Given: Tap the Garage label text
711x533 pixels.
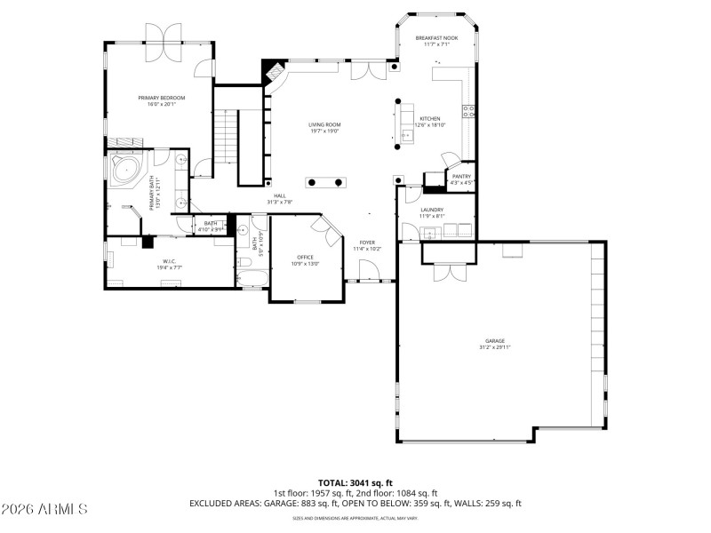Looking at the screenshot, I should tap(494, 340).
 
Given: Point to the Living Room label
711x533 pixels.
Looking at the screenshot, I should tap(325, 124).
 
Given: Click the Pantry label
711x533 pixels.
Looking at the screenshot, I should tap(461, 176).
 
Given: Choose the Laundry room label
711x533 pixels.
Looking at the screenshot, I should tap(432, 210).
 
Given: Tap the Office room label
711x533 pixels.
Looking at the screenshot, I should tap(305, 258).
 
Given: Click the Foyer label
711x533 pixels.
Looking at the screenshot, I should tap(367, 243).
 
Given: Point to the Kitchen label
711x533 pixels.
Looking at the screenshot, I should tap(430, 118).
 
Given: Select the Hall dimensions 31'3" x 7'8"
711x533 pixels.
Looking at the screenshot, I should tap(280, 203).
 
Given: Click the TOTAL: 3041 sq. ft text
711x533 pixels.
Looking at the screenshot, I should tap(355, 483).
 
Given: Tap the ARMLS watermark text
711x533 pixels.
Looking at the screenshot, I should tap(44, 509).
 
